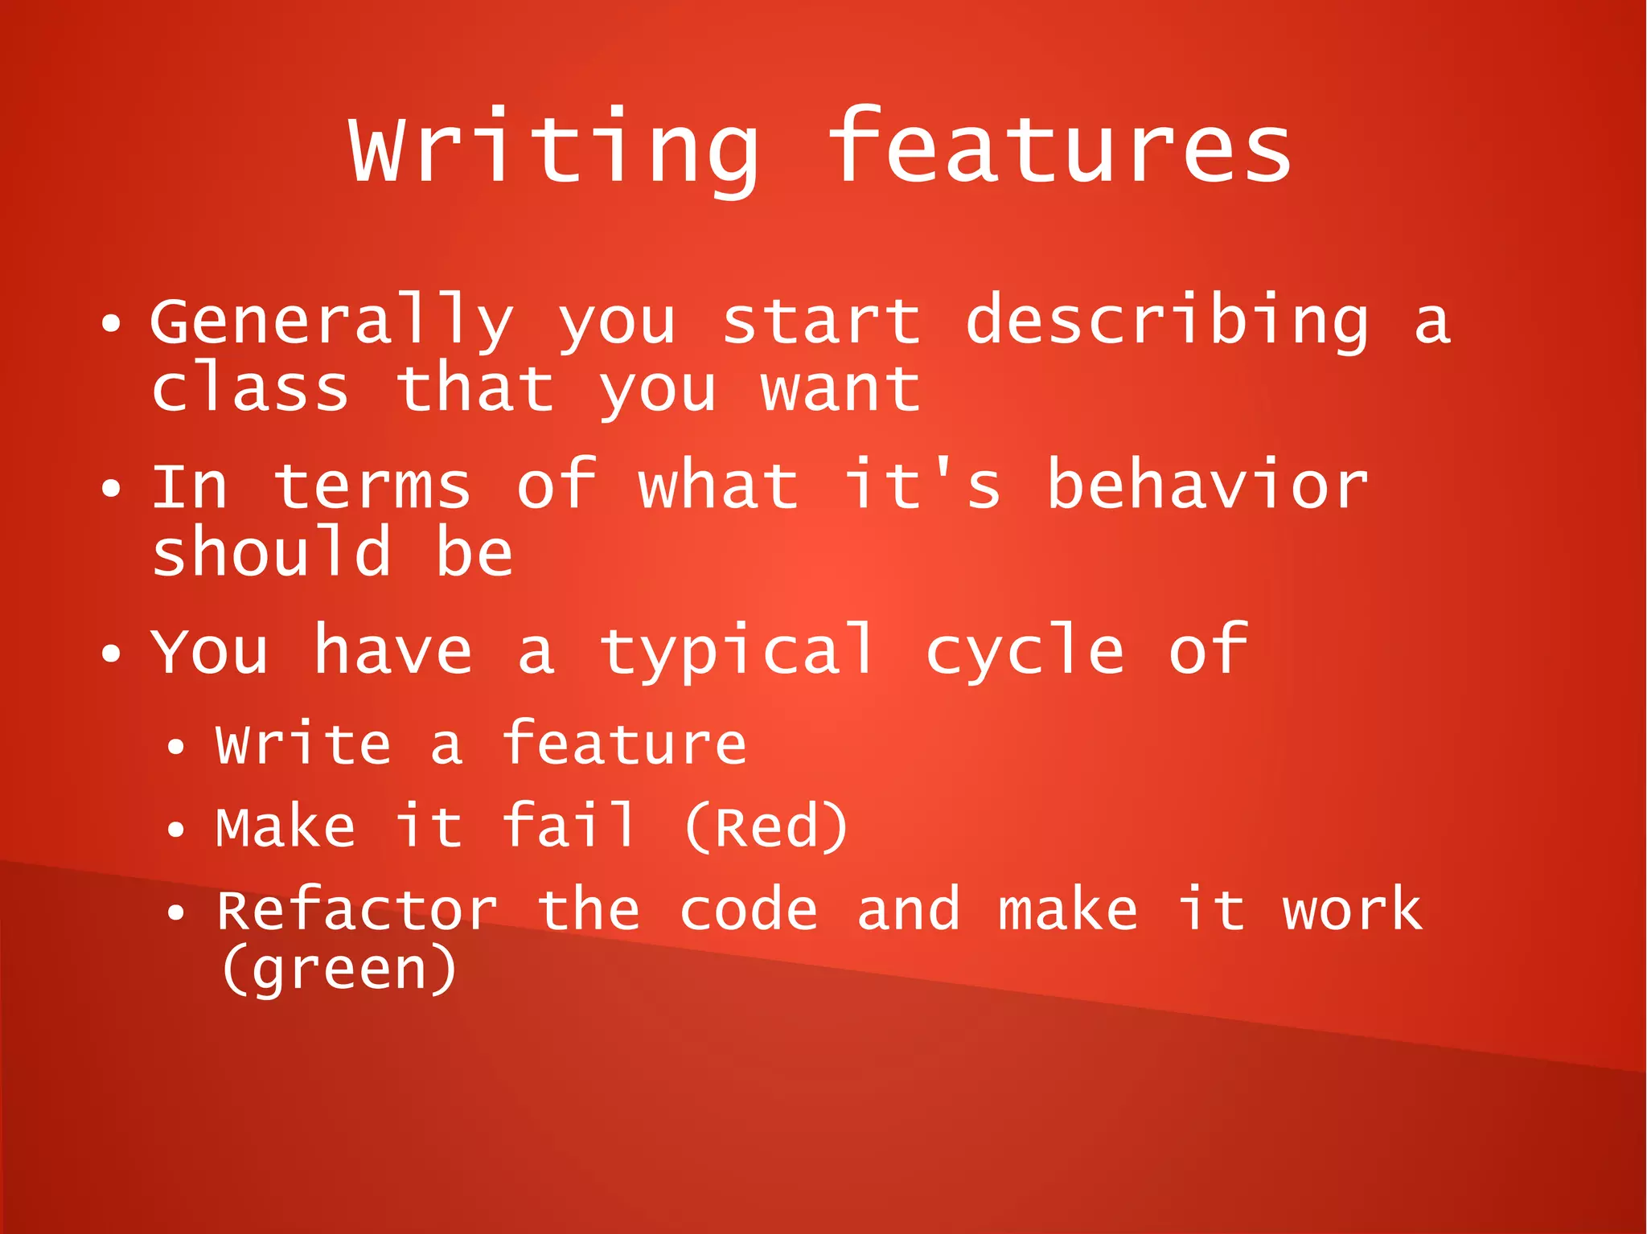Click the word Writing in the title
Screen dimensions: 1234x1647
coord(555,149)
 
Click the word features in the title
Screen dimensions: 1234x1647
coord(1059,149)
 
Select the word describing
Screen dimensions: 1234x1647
coord(1166,322)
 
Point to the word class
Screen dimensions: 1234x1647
coord(250,390)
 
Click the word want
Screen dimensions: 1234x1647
coord(840,390)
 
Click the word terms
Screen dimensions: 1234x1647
coord(372,486)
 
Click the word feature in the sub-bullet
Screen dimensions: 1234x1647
coord(625,744)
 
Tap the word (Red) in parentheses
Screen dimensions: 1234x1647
coord(766,827)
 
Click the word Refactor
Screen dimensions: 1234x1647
coord(357,910)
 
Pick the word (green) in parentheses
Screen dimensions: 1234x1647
coord(339,970)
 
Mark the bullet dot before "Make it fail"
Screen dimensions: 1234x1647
coord(176,830)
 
